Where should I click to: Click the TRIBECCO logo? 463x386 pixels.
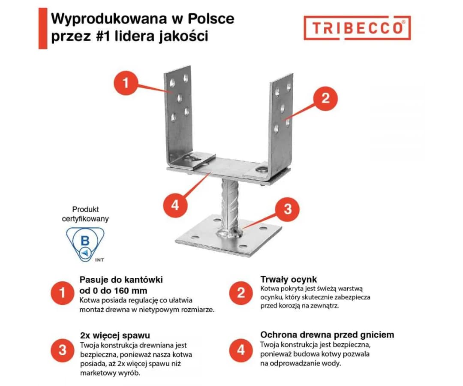coord(357,28)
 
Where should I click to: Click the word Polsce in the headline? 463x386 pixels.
coord(212,19)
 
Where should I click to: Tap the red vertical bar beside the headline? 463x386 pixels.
coord(42,28)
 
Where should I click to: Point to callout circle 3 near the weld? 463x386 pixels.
coord(287,209)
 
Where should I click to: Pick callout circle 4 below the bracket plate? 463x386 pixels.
coord(175,205)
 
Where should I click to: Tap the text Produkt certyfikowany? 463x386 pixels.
coord(85,214)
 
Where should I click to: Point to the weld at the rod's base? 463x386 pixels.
coord(230,234)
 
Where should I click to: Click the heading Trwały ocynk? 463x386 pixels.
coord(289,280)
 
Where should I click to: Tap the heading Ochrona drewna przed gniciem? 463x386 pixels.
coord(327,335)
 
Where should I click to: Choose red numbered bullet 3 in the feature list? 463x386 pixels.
coord(63,350)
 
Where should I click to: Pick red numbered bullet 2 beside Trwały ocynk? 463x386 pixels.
coord(241,293)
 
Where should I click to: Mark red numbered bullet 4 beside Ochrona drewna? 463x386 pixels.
coord(241,350)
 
